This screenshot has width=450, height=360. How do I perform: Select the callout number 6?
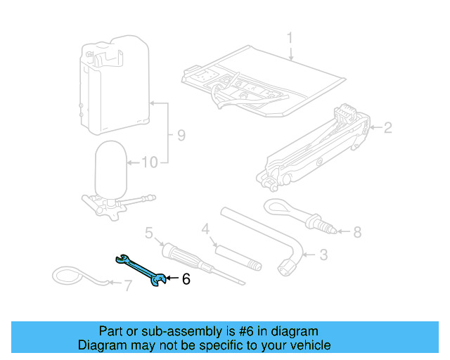point(186,280)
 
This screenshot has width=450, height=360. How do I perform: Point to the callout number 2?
point(387,127)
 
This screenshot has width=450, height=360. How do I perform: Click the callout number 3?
point(323,255)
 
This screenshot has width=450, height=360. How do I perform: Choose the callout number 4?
point(205,229)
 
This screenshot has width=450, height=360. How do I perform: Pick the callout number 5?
point(149,232)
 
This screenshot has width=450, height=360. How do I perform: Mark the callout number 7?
point(127,285)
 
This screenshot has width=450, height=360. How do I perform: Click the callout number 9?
point(181,135)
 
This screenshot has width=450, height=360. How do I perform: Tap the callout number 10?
point(149,163)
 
